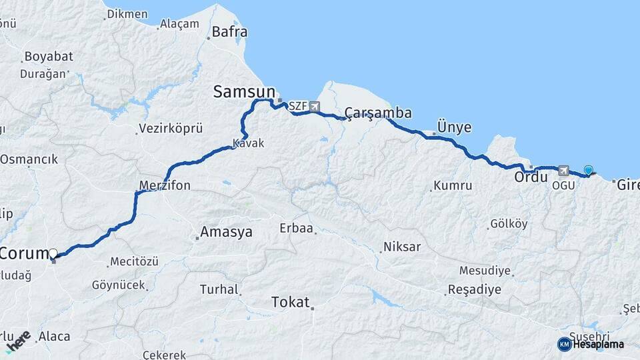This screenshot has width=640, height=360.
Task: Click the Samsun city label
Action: pos(244,92)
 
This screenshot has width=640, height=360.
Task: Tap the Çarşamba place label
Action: pos(378,113)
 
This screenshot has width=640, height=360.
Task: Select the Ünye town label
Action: pos(454,127)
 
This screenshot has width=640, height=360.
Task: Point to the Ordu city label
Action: pos(531,178)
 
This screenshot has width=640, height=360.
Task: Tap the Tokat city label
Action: pos(291,303)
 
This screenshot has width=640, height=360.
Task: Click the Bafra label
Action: pos(229,31)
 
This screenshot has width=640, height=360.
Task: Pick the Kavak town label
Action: pos(249,143)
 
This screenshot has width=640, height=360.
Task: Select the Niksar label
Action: pos(402,247)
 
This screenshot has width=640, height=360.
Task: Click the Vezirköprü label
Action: pos(170,129)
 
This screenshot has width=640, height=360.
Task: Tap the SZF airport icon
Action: pos(314,107)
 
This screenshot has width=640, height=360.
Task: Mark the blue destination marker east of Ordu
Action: pos(588,171)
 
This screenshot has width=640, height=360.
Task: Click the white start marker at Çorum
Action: pos(53,253)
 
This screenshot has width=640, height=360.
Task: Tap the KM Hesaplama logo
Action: pos(591,344)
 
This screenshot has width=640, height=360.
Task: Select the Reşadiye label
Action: pos(475,290)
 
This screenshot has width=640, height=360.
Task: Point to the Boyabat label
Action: pos(47,57)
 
